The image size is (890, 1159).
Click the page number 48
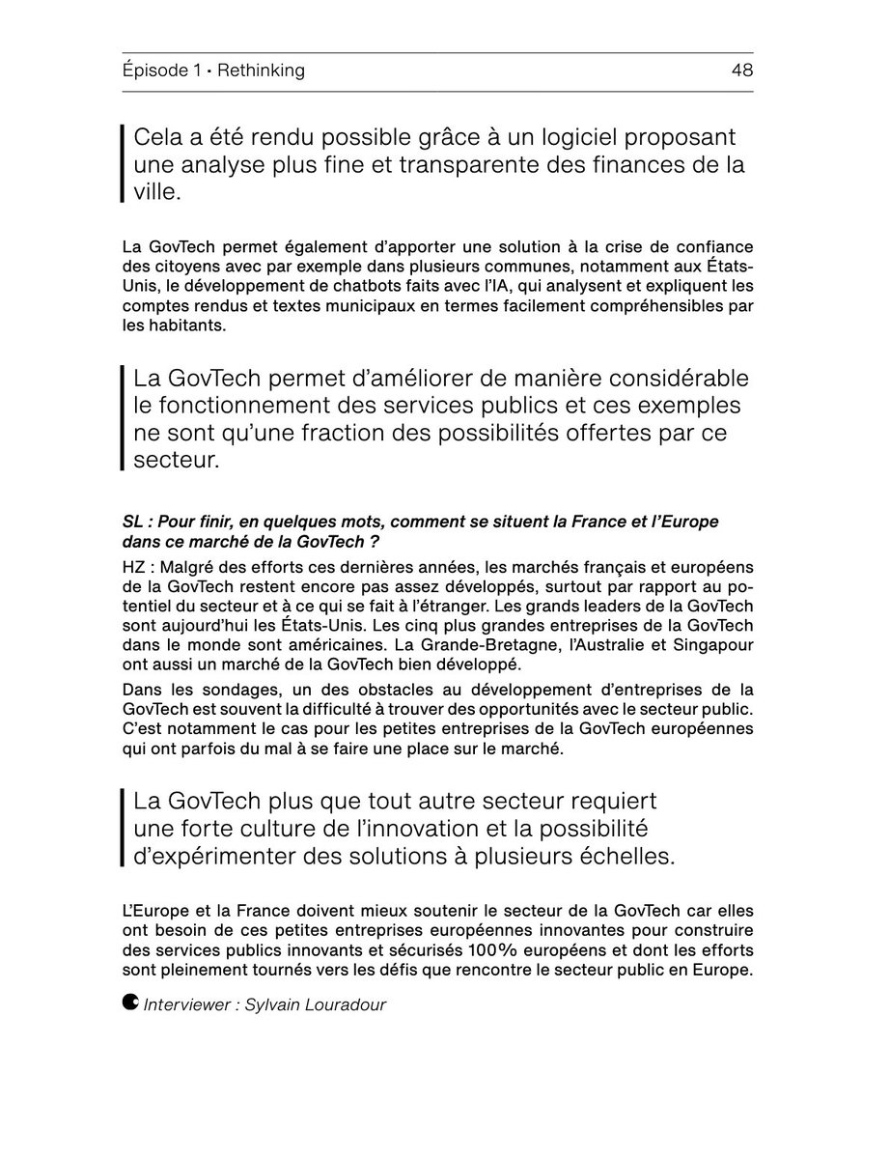[x=742, y=71]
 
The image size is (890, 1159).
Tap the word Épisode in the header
[x=156, y=71]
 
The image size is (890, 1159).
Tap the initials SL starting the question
[x=134, y=522]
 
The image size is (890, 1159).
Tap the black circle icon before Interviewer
[x=130, y=1003]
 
